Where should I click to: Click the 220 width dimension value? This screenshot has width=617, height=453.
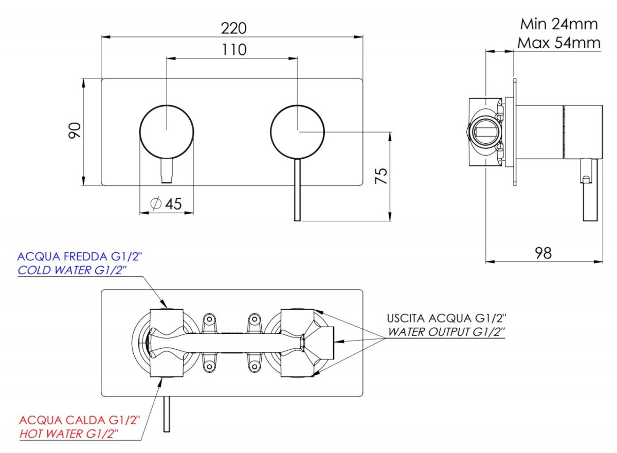233,28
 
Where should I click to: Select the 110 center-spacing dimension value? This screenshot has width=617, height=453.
234,50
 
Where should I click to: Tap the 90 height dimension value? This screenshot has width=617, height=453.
75,130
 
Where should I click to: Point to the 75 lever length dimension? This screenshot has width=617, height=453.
381,176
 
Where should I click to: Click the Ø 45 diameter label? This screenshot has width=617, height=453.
166,204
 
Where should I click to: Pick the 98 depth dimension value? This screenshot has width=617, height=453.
543,253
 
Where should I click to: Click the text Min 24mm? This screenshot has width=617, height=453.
559,24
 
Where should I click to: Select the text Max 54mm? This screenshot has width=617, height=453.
559,43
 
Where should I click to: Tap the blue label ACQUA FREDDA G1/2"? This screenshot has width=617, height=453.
80,257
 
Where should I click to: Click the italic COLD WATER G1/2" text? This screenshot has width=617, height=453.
72,270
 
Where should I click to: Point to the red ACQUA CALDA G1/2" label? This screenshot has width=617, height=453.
80,420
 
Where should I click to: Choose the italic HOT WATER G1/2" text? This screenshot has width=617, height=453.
69,434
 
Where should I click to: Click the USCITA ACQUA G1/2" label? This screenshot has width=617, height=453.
446,318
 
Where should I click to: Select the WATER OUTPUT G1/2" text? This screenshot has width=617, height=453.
446,332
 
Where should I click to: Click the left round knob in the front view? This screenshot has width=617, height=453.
167,132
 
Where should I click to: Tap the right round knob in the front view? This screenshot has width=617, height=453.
298,132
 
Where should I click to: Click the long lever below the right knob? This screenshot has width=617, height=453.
297,190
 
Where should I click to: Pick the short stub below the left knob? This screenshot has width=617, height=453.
167,171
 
